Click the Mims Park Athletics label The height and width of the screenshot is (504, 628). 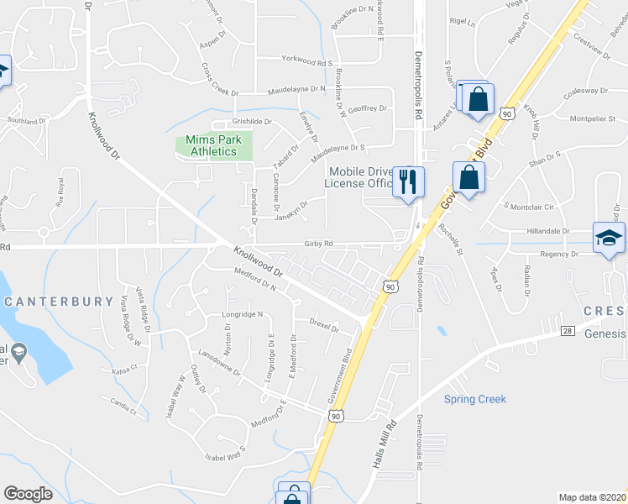coord(213,145)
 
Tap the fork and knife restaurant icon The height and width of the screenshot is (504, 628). coord(409,181)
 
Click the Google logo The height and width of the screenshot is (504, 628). coord(28,493)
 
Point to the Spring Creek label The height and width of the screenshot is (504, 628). coord(475,400)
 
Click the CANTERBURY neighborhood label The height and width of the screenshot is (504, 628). coord(60,301)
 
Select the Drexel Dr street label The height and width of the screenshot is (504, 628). coord(323,325)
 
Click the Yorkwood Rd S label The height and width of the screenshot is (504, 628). coord(307,63)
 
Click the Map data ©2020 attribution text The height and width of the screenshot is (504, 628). coord(593,497)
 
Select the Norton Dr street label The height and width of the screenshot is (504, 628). coord(228,343)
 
